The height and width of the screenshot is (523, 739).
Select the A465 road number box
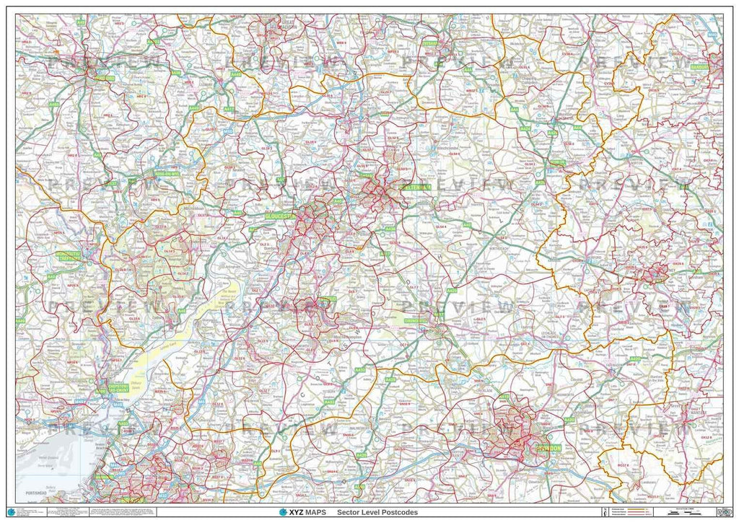coord(53,105)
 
